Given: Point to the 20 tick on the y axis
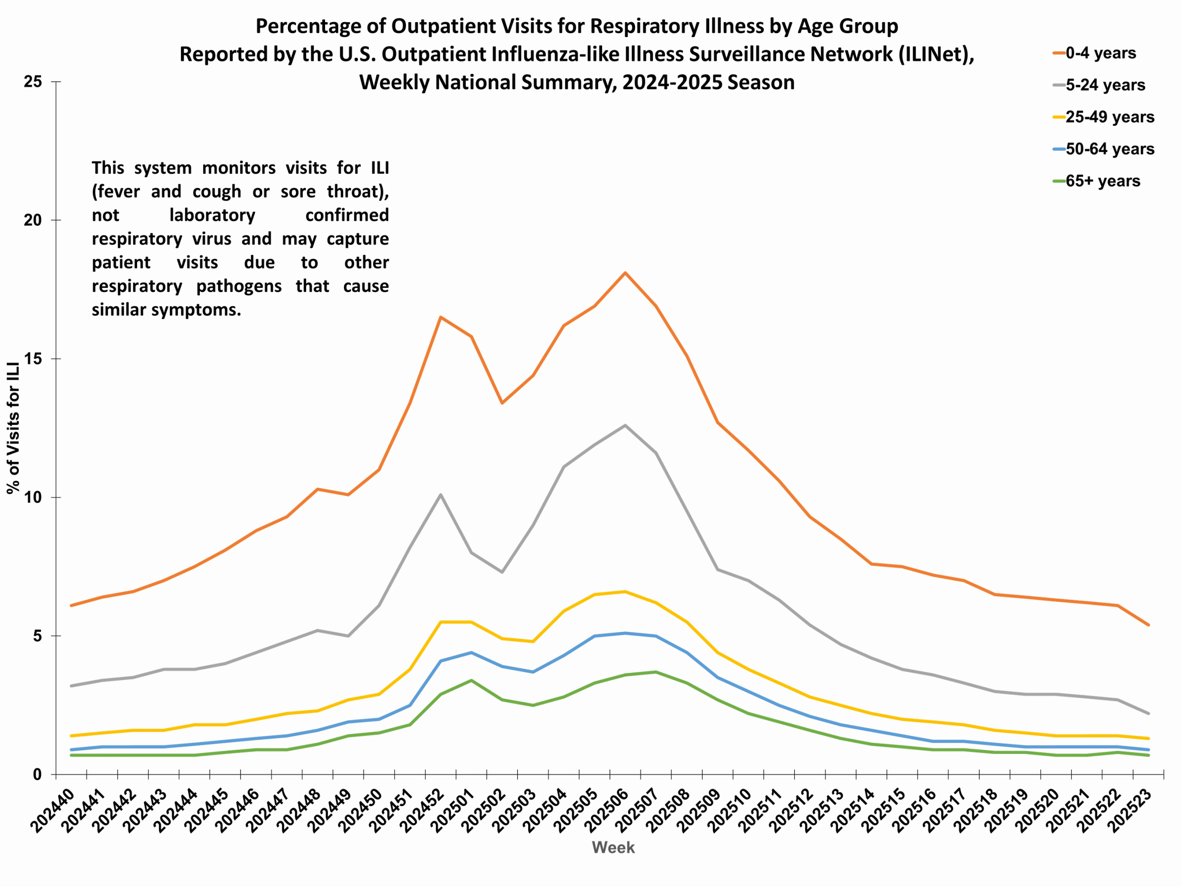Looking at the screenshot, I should (x=33, y=220).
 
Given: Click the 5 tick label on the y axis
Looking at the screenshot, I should (x=37, y=636).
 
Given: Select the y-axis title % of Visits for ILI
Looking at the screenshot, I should (x=13, y=428).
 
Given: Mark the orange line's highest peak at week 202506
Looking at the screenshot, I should (x=625, y=273).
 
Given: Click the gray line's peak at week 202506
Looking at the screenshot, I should (x=625, y=425).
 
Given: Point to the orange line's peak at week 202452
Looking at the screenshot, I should (x=440, y=317).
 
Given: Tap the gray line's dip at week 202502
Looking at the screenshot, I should (x=502, y=572).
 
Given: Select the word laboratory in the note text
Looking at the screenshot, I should (x=212, y=215).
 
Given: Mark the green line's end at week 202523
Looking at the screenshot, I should (x=1148, y=755).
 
